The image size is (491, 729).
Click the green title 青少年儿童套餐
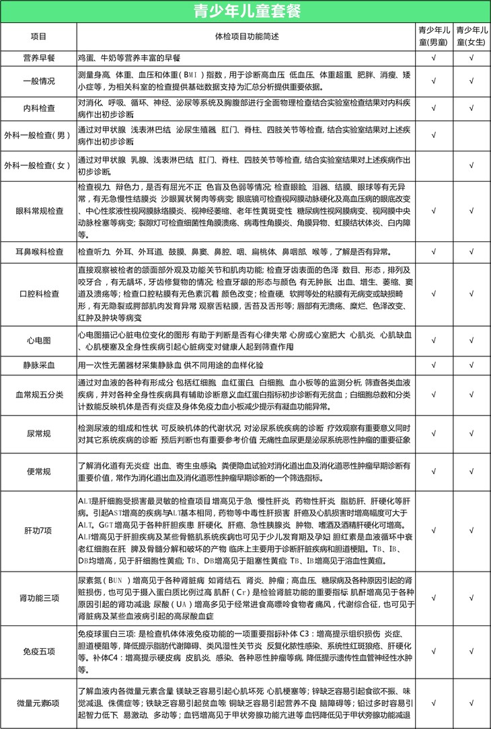point(245,11)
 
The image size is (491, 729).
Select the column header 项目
point(39,35)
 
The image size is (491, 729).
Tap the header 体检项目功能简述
point(245,35)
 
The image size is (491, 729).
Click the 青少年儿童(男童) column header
point(434,35)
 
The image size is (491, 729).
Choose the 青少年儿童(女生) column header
point(471,35)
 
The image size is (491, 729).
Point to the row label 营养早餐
point(39,59)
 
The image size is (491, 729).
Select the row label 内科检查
point(39,108)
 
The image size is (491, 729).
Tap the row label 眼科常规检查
point(39,210)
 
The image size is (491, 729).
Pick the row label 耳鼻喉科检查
point(39,252)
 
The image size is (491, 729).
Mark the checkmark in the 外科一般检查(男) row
point(434,135)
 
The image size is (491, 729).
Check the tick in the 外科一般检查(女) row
point(471,165)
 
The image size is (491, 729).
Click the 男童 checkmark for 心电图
point(434,340)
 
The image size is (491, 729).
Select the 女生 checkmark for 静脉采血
point(471,365)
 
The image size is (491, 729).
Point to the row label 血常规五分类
point(39,394)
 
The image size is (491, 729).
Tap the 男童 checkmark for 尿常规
point(434,434)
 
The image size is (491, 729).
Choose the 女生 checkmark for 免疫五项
point(471,652)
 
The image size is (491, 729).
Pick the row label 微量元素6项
point(39,703)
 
